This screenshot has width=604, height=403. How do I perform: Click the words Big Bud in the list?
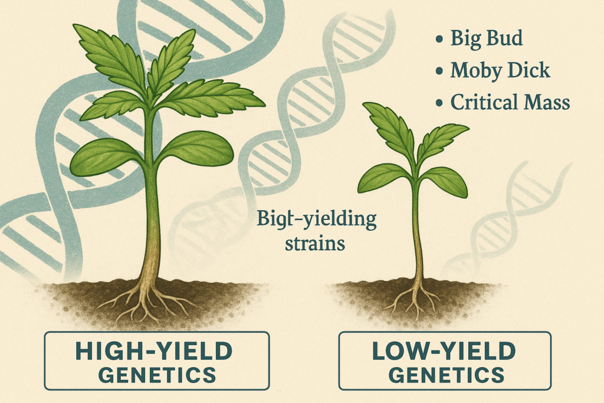pyautogui.click(x=487, y=38)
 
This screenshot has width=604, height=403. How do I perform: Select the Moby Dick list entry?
pyautogui.click(x=500, y=70)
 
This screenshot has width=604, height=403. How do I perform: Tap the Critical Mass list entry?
pyautogui.click(x=510, y=103)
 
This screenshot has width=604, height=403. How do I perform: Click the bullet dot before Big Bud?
pyautogui.click(x=439, y=40)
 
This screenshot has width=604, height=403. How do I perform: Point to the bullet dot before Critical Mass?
pyautogui.click(x=439, y=103)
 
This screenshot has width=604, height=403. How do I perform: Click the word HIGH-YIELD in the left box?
pyautogui.click(x=154, y=350)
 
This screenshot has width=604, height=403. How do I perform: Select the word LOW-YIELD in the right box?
pyautogui.click(x=444, y=350)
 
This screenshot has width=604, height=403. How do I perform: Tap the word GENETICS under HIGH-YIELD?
pyautogui.click(x=157, y=375)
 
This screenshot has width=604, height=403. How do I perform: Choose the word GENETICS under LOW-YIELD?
pyautogui.click(x=446, y=375)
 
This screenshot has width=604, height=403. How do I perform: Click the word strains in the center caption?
pyautogui.click(x=315, y=244)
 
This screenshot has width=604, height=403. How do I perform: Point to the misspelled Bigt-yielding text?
pyautogui.click(x=316, y=220)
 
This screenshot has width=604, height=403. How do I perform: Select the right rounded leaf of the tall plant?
pyautogui.click(x=196, y=148)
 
